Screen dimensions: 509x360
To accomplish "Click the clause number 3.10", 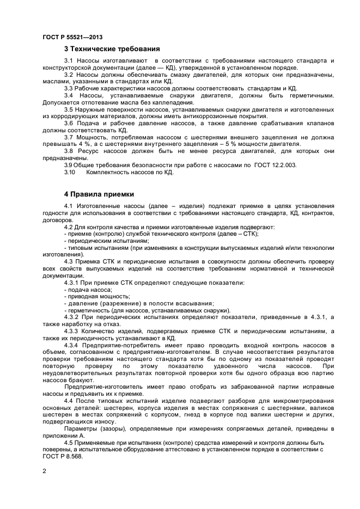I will click(69, 172).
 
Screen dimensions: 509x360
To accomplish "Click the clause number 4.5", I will click(70, 442).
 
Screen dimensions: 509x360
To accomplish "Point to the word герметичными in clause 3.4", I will click(311, 94).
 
